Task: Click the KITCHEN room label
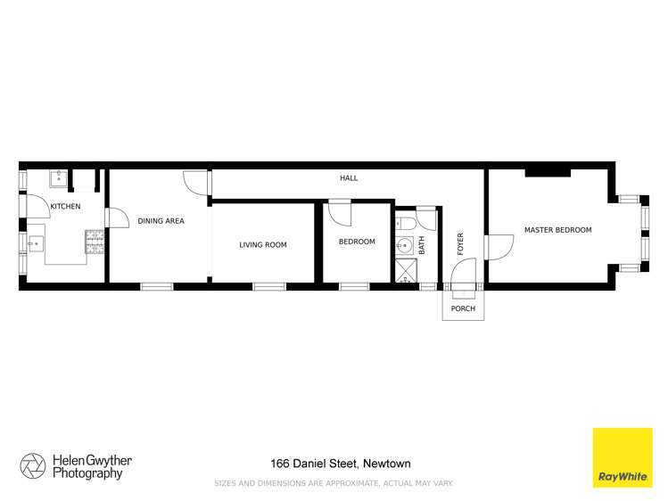65,207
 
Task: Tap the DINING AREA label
161,221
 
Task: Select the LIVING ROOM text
263,244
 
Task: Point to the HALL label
349,178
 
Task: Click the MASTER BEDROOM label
557,230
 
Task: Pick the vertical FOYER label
461,244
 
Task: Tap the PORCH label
463,309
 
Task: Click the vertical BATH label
423,244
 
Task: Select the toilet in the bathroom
406,222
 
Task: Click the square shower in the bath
406,272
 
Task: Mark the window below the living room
269,286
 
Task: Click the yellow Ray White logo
622,457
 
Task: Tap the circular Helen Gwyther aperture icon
33,465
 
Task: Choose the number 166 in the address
282,464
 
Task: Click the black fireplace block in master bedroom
547,172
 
